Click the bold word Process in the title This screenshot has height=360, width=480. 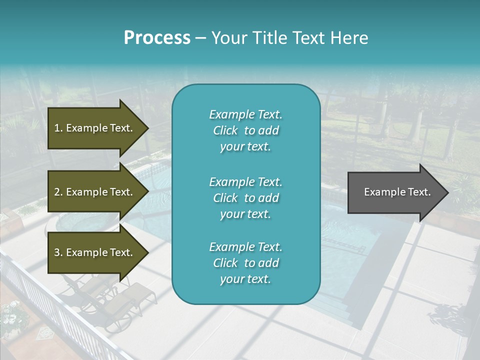[157, 38]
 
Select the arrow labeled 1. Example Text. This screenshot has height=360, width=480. [95, 128]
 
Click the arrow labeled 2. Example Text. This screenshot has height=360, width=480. [95, 192]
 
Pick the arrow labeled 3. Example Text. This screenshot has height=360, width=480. [95, 252]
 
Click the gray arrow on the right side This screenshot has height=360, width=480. [395, 192]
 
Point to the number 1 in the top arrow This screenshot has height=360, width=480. [57, 128]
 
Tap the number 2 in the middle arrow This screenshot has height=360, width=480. [57, 192]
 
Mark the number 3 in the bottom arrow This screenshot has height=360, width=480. [57, 252]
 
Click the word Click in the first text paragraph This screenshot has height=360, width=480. [225, 130]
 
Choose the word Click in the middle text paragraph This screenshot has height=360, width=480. [225, 198]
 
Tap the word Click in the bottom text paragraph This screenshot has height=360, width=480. [225, 263]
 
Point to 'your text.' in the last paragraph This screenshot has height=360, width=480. [245, 279]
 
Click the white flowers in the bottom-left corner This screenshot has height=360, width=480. [12, 312]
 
